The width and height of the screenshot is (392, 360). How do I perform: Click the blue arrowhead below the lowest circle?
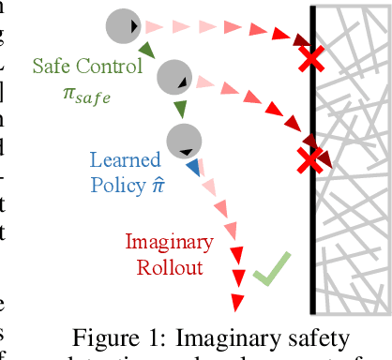tap(193, 168)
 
